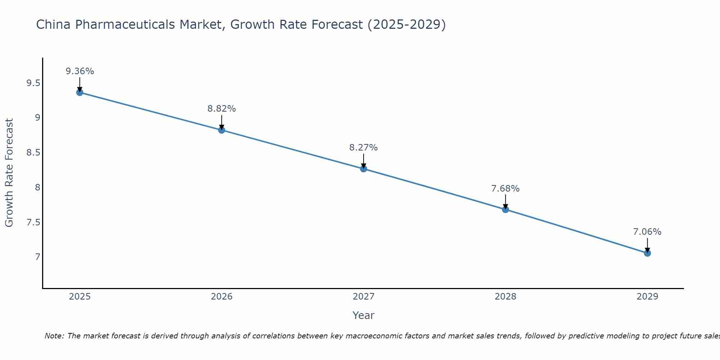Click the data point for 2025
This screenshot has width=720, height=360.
(80, 93)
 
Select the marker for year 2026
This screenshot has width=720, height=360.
(222, 130)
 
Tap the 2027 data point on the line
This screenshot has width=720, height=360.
(364, 168)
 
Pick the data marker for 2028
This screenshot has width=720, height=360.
(505, 210)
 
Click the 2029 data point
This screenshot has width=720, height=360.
(647, 253)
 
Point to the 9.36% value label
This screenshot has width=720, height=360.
(80, 71)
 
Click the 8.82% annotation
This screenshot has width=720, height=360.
(222, 109)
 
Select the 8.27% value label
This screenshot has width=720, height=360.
(364, 148)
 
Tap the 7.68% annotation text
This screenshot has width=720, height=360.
(505, 189)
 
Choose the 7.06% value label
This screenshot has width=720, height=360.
(647, 232)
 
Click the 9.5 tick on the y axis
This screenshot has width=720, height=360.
(33, 84)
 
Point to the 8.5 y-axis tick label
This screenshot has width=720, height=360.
(33, 153)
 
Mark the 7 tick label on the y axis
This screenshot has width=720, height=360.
(37, 257)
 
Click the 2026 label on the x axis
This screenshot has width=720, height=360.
(222, 297)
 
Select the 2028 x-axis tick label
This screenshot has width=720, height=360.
(505, 297)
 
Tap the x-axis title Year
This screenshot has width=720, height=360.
(364, 315)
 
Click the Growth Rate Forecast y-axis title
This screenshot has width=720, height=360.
(9, 172)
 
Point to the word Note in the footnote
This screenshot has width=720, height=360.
(54, 336)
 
